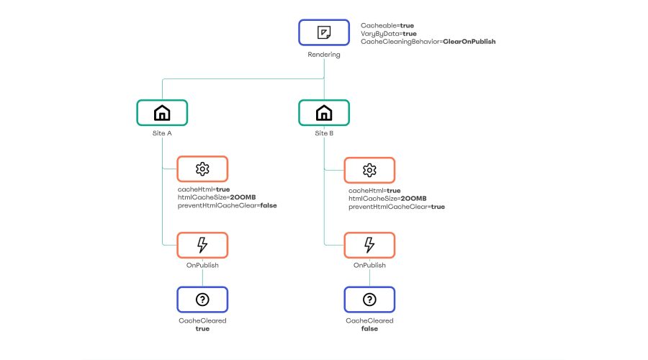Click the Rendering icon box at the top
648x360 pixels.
324,32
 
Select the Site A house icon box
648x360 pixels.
162,112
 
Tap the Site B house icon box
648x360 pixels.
324,112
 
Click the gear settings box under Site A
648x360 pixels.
202,169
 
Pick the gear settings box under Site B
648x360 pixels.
369,171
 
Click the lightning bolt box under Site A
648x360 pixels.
202,245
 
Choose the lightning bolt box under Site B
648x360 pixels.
369,245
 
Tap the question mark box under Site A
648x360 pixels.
202,300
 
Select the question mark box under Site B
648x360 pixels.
369,300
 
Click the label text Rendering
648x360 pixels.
324,55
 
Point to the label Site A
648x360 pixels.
162,133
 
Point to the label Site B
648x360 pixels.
324,133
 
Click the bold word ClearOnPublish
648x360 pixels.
469,41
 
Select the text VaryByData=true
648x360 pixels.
389,34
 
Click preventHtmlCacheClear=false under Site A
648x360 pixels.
228,205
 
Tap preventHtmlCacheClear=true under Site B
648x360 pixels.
397,207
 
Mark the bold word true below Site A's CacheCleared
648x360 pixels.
202,328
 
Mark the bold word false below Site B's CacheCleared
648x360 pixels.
369,328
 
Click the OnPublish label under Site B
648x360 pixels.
369,266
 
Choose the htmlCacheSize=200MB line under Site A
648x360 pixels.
217,197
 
